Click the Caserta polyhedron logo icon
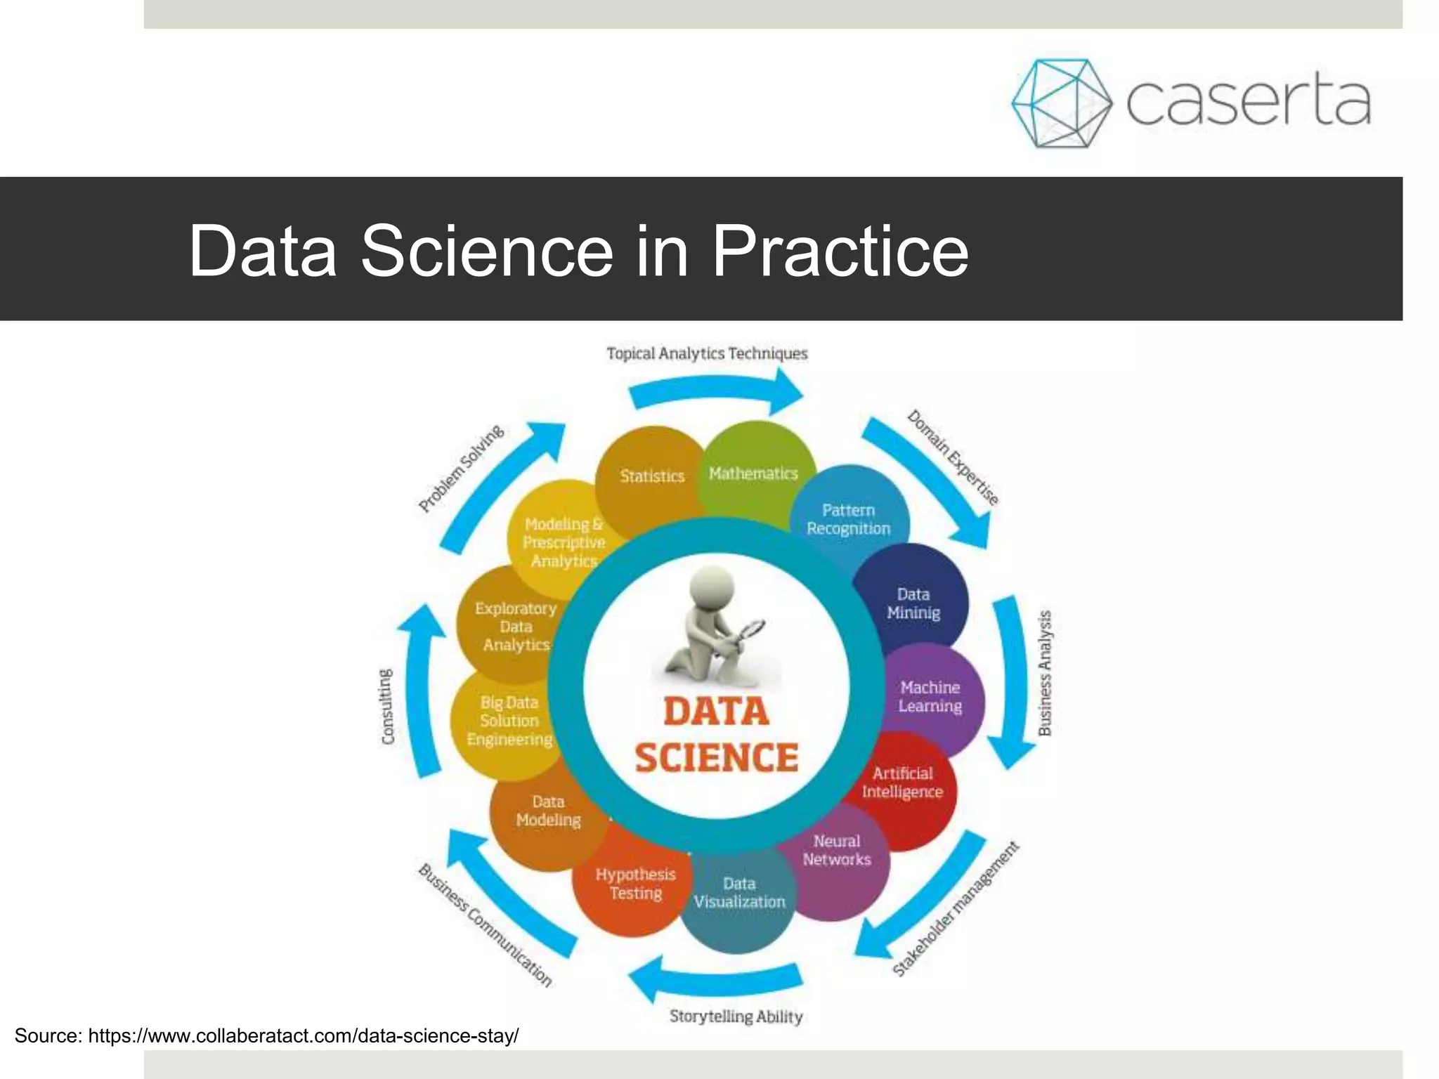coord(1061,103)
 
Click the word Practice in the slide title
coord(840,251)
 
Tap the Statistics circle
coord(651,476)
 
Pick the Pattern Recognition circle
coord(849,518)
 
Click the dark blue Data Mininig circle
coord(913,603)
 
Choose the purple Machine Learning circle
coord(930,697)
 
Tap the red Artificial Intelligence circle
coord(903,783)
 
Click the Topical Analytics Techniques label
coord(707,353)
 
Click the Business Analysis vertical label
coord(1045,672)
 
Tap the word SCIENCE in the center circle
coord(716,757)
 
